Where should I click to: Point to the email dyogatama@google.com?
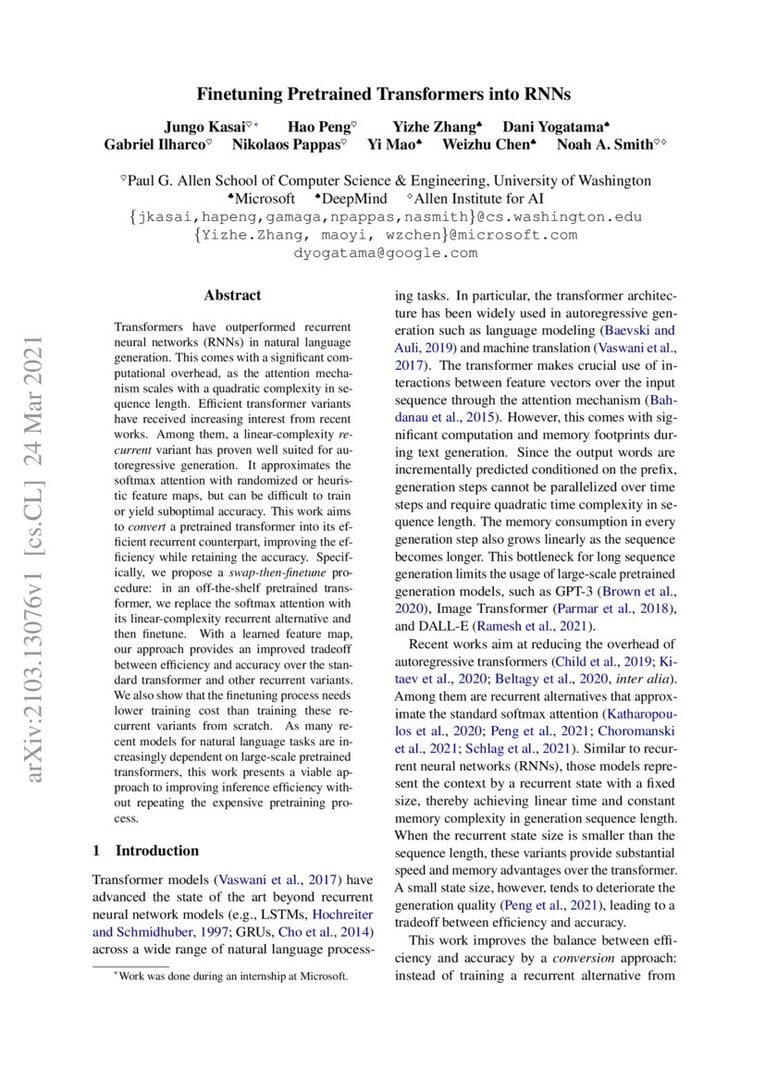coord(385,252)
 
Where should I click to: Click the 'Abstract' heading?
coord(232,296)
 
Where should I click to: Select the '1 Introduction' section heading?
coord(146,850)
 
